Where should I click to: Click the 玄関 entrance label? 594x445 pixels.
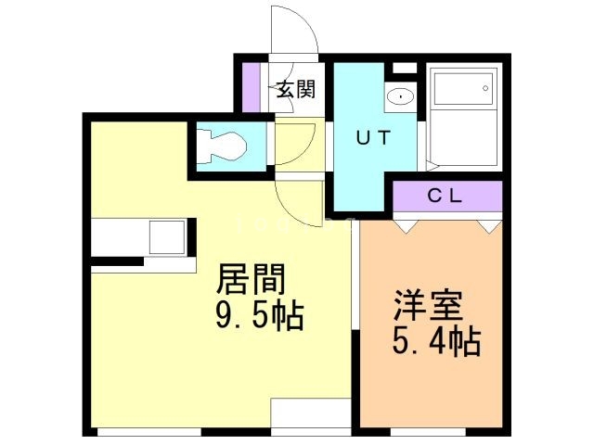point(295,91)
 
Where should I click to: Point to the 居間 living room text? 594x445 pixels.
point(252,279)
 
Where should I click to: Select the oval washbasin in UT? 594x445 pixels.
point(400,95)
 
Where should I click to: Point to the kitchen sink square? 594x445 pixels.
point(169,235)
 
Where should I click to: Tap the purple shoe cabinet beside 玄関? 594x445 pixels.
point(248,84)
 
